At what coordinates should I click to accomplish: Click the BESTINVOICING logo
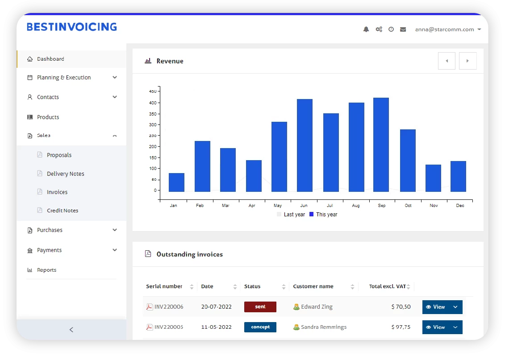point(72,27)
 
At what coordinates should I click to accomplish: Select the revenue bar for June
point(305,145)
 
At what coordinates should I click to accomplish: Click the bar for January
point(176,182)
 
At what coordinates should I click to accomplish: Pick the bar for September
point(381,145)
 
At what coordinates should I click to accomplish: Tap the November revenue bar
point(433,178)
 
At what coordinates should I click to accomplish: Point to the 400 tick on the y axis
point(153,103)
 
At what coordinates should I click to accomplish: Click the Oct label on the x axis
point(408,206)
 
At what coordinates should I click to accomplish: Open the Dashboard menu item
point(50,59)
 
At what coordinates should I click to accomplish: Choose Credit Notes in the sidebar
point(63,211)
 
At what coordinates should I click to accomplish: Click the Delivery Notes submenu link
point(65,174)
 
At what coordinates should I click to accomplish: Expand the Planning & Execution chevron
point(115,78)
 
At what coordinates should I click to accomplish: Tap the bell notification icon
point(366,29)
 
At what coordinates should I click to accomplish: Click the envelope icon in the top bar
point(403,29)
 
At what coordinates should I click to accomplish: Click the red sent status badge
point(260,307)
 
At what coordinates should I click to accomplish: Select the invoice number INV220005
point(168,327)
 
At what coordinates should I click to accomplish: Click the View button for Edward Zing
point(435,307)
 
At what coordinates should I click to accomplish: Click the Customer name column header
point(313,286)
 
